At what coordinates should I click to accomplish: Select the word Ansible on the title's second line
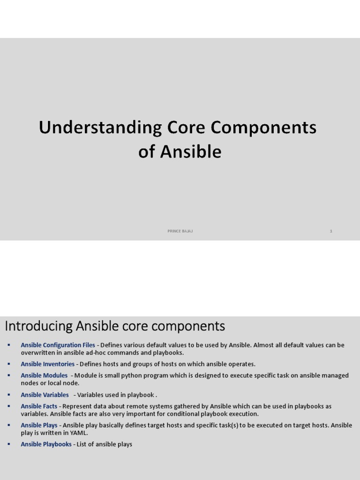tap(191, 152)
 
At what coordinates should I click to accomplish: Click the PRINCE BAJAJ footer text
tap(180, 231)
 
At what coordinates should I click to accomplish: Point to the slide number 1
tap(331, 231)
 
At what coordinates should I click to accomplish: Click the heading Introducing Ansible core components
tap(115, 326)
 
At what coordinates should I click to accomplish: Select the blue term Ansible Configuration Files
tap(58, 345)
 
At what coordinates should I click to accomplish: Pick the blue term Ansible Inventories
tap(47, 364)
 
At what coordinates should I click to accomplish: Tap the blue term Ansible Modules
tap(44, 375)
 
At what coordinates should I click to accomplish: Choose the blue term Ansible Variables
tap(45, 395)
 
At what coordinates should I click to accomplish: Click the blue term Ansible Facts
tap(39, 406)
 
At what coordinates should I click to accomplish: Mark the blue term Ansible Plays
tap(39, 425)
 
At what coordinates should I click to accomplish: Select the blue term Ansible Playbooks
tap(46, 444)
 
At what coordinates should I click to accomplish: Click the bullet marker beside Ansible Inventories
tap(8, 364)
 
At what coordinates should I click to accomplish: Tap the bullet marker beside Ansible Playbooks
tap(8, 444)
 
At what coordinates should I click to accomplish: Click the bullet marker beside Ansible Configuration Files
tap(8, 345)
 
